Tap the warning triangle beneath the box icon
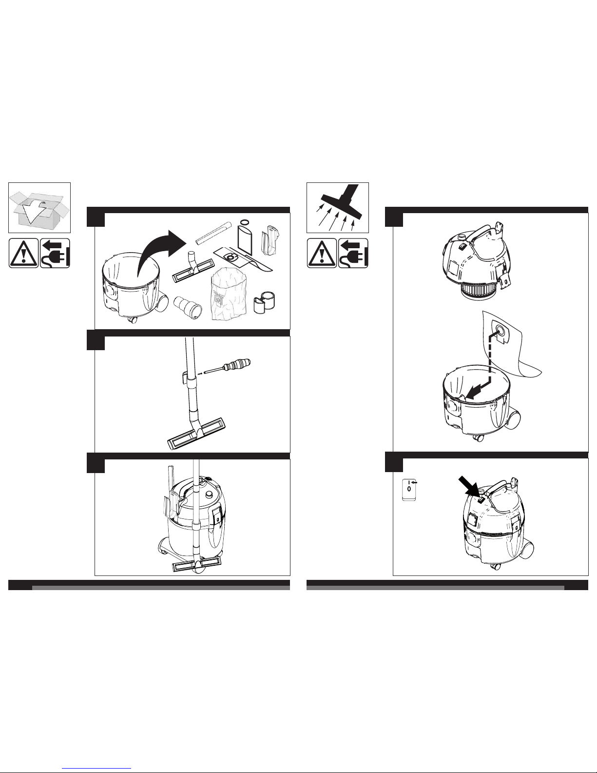coord(23,253)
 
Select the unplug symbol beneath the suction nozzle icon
coord(353,253)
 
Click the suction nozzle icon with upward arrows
coord(338,208)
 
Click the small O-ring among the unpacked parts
coord(244,222)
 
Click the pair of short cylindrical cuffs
coord(265,302)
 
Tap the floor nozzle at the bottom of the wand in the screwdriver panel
coord(196,432)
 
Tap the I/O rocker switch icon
coord(409,490)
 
